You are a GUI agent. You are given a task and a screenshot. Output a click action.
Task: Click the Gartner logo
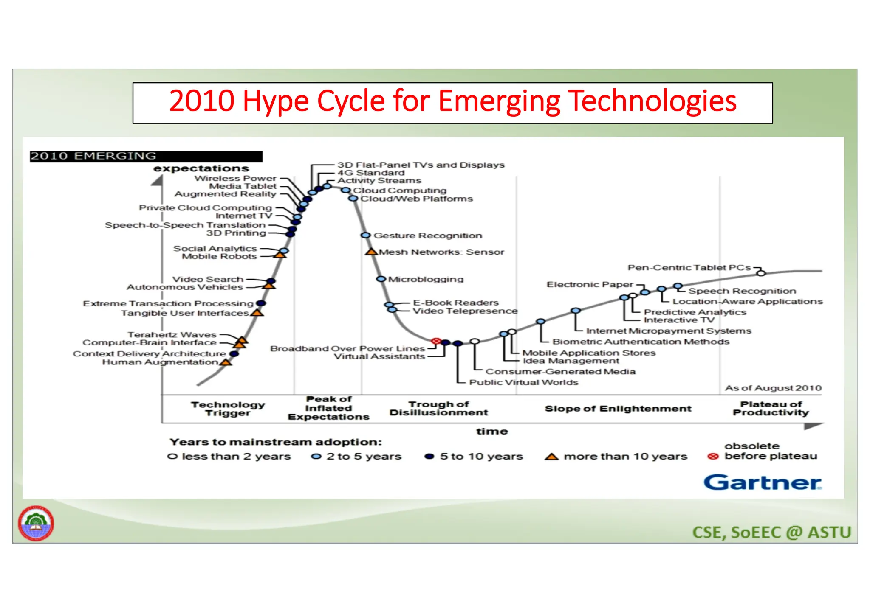pos(763,482)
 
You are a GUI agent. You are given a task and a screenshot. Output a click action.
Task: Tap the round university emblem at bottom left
pos(36,523)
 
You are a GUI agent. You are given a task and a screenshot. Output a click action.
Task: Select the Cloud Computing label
pos(400,191)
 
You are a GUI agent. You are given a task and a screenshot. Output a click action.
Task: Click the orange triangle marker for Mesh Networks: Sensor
pos(371,252)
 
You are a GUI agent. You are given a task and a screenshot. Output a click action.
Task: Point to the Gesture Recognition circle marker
pos(365,235)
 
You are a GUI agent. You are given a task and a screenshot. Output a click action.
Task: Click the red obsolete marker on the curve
pos(435,341)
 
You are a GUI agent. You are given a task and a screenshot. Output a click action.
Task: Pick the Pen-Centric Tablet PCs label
pos(689,268)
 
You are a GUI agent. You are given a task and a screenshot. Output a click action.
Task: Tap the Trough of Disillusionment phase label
pos(438,408)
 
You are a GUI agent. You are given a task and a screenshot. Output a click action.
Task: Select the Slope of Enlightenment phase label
pos(618,409)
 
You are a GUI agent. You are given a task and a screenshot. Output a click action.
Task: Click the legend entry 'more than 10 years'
pos(625,457)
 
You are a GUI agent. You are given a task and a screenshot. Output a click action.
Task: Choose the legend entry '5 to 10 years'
pos(481,457)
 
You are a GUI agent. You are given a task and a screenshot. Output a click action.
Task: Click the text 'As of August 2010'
pos(773,388)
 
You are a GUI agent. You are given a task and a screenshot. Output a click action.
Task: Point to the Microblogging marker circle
pos(381,279)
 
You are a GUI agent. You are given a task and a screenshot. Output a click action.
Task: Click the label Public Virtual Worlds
pos(523,382)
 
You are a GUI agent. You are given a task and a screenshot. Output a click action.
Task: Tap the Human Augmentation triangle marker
pos(226,362)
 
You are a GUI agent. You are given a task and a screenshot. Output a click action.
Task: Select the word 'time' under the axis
pos(492,432)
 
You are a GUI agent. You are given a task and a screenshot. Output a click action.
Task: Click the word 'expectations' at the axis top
pos(201,168)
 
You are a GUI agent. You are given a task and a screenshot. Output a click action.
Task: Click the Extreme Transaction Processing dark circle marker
pos(261,303)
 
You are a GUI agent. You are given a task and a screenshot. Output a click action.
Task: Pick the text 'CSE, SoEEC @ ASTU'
pos(771,533)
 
